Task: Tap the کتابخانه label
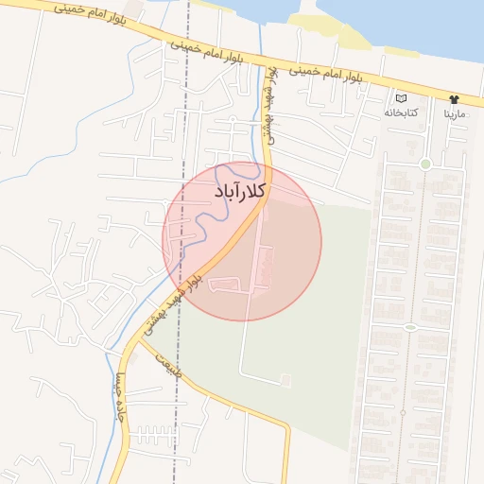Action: tap(400, 112)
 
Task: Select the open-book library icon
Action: tap(400, 98)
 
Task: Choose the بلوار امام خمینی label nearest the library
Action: tap(326, 76)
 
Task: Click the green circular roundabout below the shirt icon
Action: tap(425, 164)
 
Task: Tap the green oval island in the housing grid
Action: tap(410, 327)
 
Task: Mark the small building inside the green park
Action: tap(285, 380)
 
